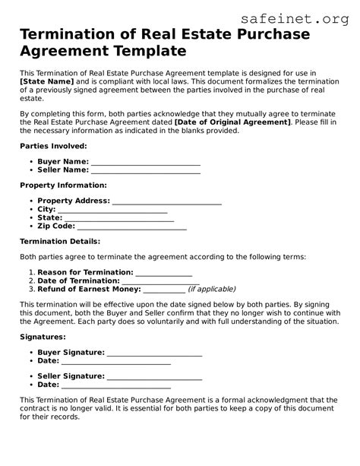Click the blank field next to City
(112, 211)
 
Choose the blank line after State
(119, 219)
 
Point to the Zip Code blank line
(132, 227)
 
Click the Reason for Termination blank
(164, 273)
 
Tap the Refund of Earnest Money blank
(163, 290)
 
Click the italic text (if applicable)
(212, 289)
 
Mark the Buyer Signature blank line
(155, 353)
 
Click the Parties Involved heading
(53, 145)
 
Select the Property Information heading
(63, 185)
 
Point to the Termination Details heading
(60, 241)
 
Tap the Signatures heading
(43, 336)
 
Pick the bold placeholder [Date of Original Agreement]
(232, 122)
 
